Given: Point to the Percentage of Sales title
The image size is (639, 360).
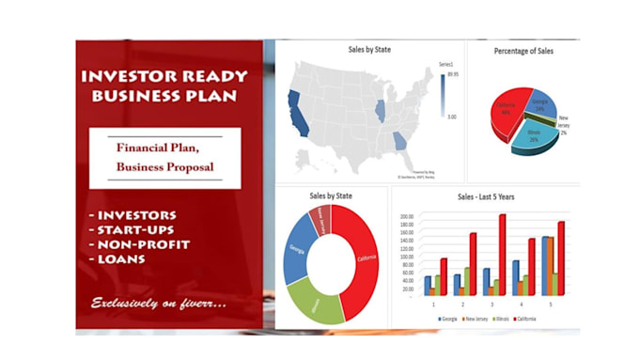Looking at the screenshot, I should click(x=524, y=51).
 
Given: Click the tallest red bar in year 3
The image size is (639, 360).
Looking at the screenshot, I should click(x=503, y=254).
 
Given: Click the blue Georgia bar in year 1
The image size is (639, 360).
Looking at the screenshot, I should click(x=428, y=285).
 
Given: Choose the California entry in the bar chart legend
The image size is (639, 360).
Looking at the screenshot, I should click(x=525, y=320).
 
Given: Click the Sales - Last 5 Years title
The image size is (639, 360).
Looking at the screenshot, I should click(x=485, y=197).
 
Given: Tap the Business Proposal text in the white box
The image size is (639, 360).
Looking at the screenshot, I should click(x=164, y=167).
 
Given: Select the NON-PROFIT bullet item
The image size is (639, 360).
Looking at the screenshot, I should click(x=142, y=244).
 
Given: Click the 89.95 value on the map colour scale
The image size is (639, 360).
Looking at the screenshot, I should click(x=453, y=72).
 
